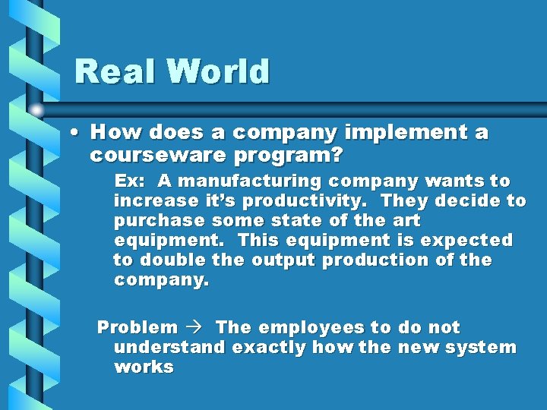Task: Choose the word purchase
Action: tap(160, 221)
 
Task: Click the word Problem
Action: tap(137, 328)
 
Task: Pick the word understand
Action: tap(169, 348)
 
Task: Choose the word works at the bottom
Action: tap(144, 367)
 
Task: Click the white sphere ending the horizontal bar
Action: tap(36, 111)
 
